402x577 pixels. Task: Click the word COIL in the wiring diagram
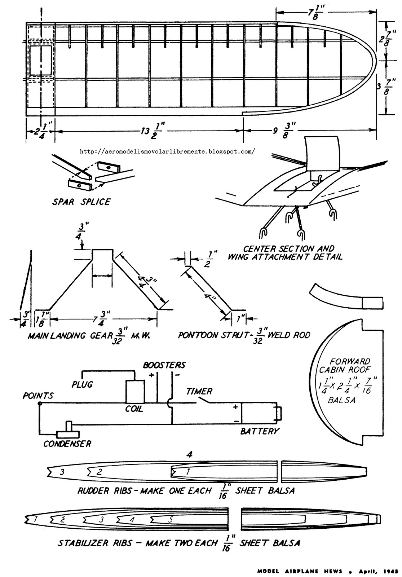click(134, 409)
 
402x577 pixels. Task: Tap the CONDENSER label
click(67, 444)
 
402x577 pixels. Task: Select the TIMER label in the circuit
click(199, 391)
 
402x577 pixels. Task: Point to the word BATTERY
click(259, 431)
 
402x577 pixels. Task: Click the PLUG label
click(82, 384)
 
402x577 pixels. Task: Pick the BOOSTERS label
click(164, 365)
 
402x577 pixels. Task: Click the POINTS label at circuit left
click(38, 396)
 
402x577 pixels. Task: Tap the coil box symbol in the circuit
click(135, 391)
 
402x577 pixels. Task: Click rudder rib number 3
click(62, 471)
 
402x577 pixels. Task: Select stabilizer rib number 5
click(171, 520)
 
